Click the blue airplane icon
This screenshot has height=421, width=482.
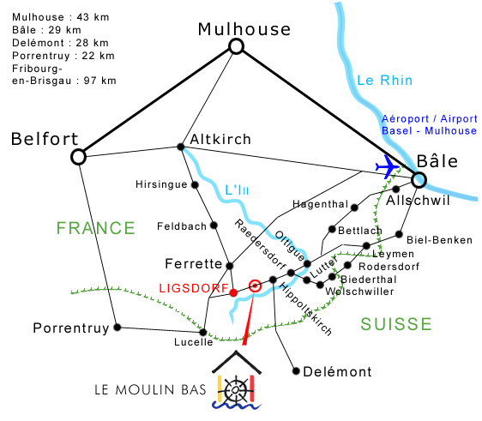388,166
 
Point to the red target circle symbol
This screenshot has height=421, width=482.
255,286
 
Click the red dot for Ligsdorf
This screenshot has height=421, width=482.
233,292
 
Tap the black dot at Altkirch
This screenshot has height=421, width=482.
181,147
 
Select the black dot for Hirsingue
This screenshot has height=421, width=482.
195,184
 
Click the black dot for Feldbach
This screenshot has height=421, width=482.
214,226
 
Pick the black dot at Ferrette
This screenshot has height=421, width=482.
230,266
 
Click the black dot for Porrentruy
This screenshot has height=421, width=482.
117,328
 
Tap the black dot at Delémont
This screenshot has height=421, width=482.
296,371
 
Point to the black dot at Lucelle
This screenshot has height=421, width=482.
203,332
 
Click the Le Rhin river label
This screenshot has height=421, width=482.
384,81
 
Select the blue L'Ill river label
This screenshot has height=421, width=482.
237,189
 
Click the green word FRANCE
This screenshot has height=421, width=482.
95,228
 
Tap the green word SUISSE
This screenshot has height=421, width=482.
396,324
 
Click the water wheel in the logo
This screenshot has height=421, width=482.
236,390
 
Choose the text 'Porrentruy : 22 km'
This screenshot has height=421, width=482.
63,56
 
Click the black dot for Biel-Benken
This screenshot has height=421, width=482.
399,234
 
